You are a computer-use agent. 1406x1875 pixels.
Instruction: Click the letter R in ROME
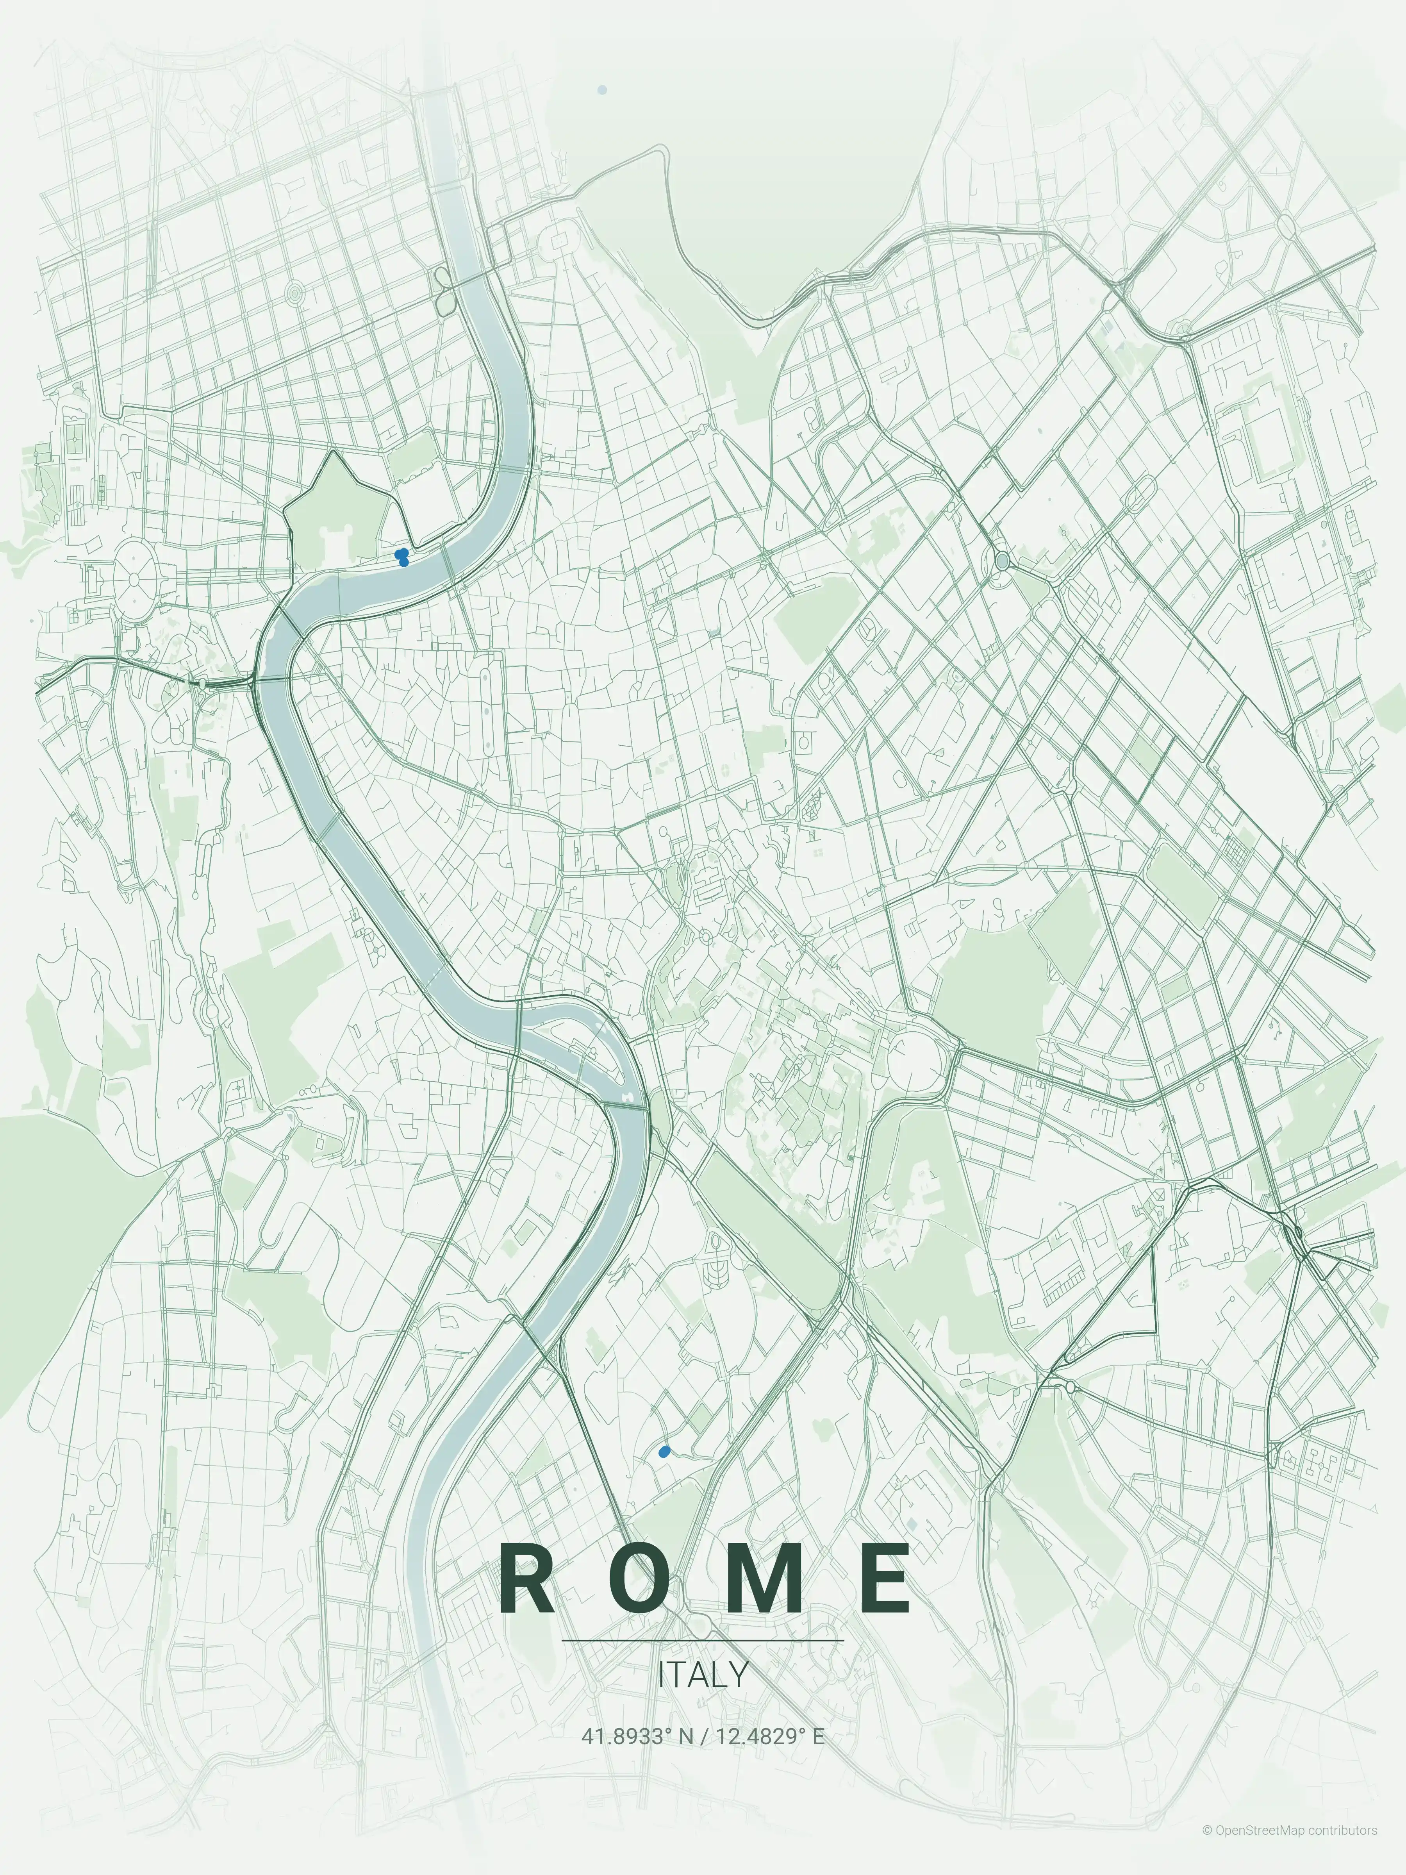527,1579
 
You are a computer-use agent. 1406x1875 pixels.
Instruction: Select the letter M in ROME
764,1579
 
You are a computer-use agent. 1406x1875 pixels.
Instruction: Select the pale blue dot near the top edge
602,89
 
